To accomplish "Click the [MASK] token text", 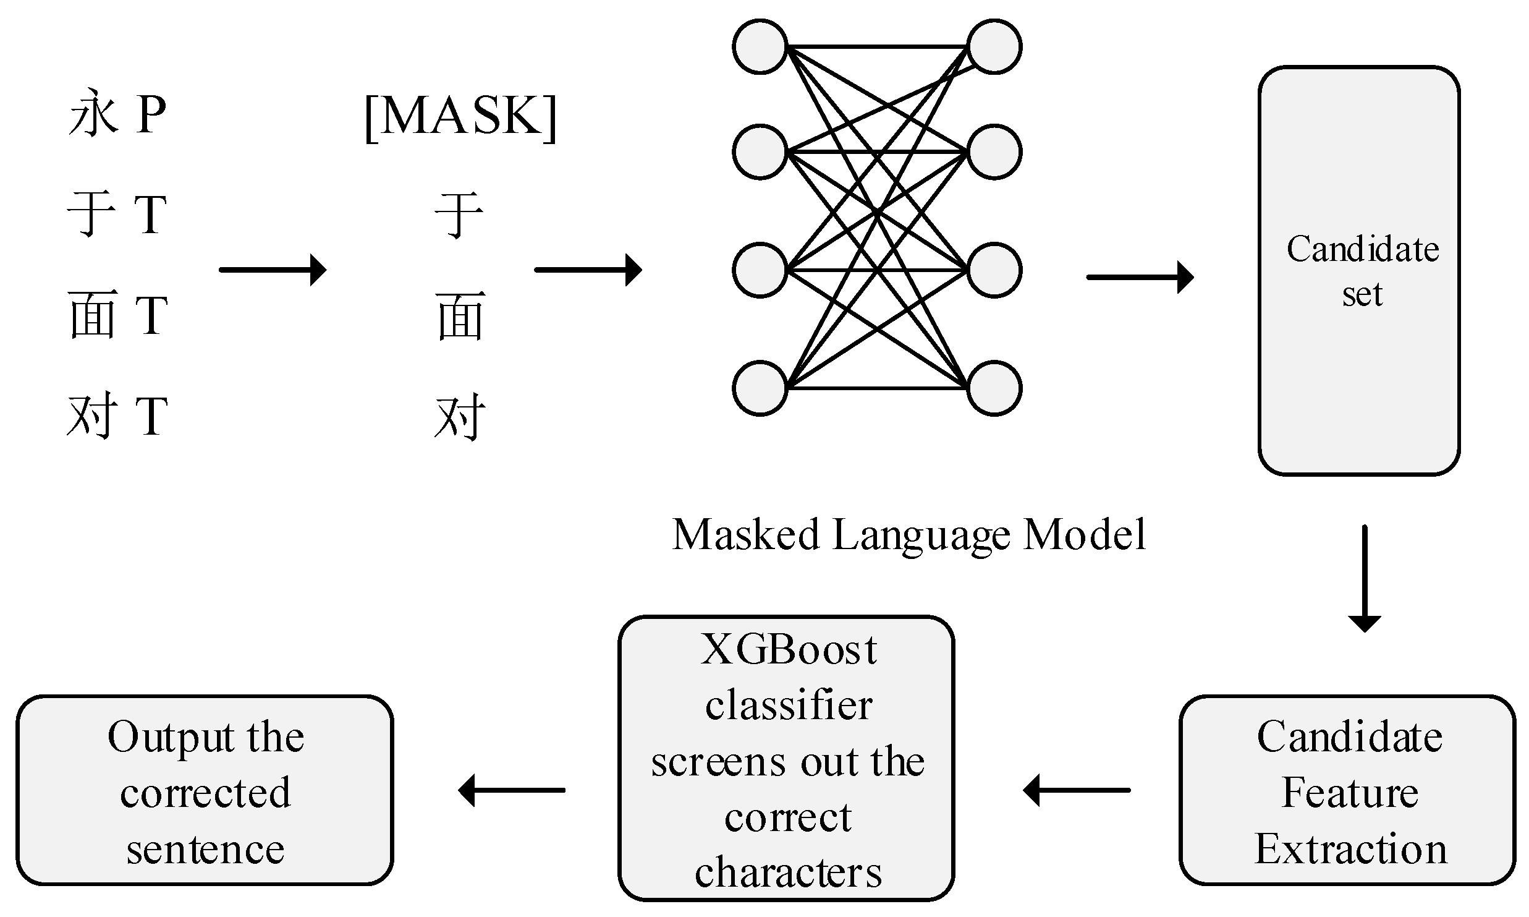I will [460, 117].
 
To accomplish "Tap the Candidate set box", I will [1358, 271].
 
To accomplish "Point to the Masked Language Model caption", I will [909, 534].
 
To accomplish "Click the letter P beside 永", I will [151, 115].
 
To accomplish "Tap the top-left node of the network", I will [760, 47].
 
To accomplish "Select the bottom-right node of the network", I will [994, 388].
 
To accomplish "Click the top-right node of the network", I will [994, 47].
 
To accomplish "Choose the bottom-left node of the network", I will [760, 388].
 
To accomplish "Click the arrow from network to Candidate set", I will [1140, 277].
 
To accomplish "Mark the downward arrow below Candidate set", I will [1364, 578].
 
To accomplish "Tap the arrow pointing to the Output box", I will [512, 790].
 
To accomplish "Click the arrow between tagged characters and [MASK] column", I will [273, 270].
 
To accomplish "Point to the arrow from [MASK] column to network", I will [588, 270].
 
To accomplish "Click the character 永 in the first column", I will [93, 115].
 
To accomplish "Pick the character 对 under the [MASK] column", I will [460, 417].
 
